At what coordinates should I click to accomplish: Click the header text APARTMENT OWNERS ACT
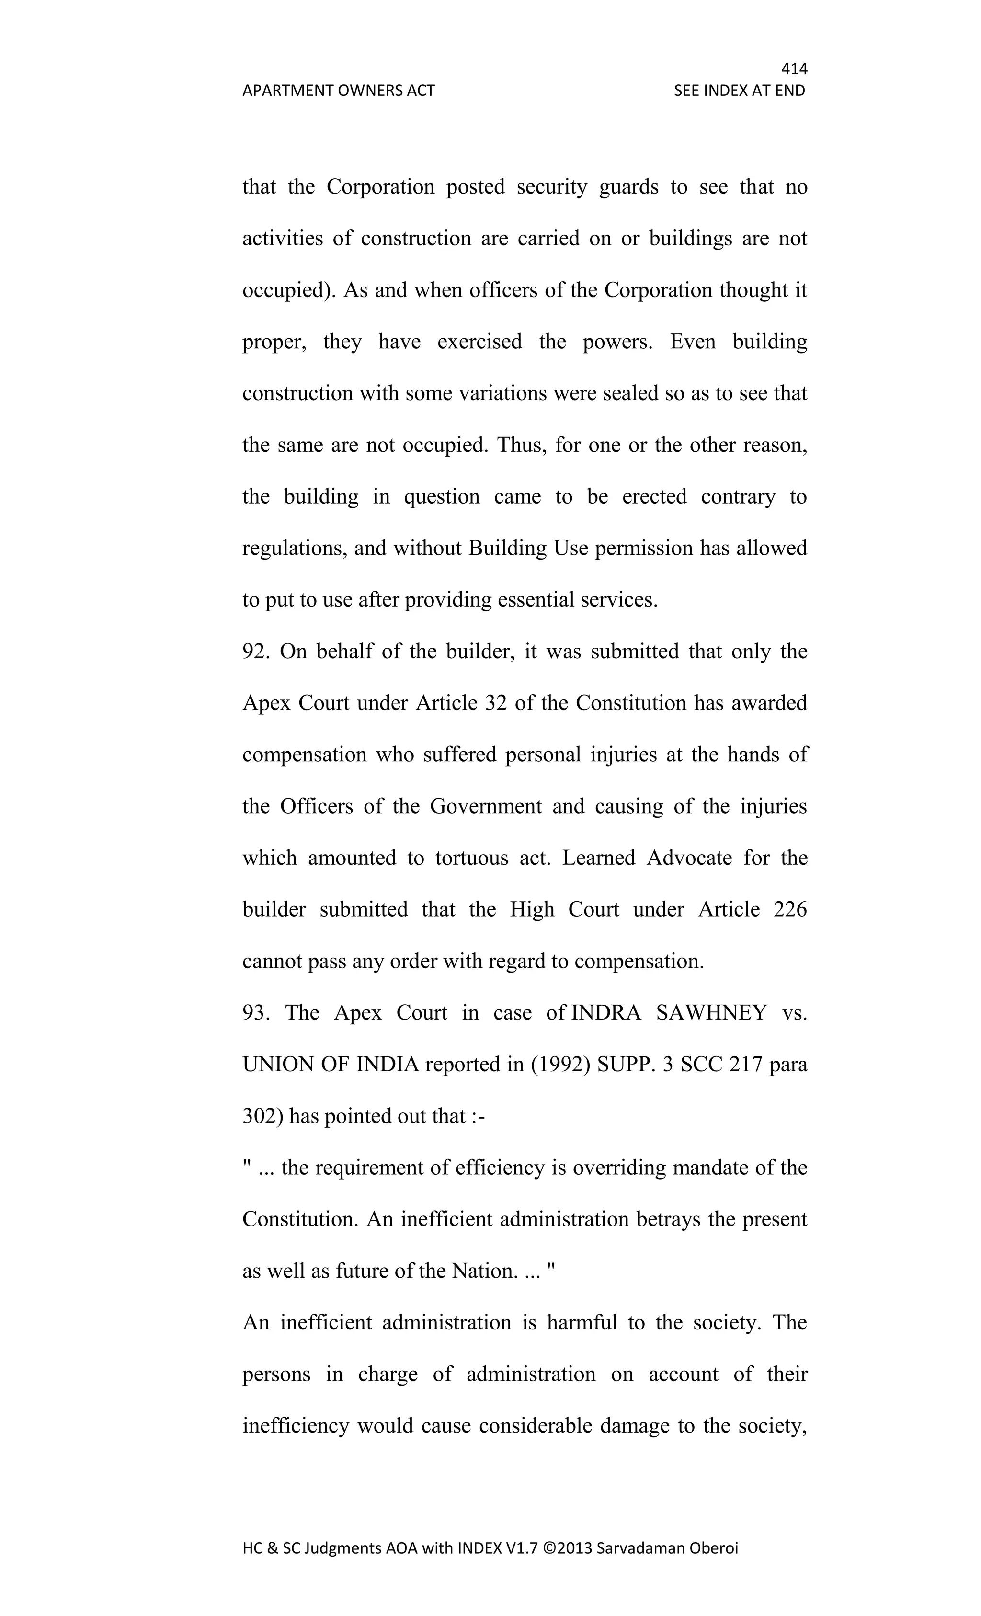pyautogui.click(x=338, y=91)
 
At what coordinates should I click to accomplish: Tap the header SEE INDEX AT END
pyautogui.click(x=739, y=91)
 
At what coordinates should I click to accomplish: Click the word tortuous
pyautogui.click(x=471, y=859)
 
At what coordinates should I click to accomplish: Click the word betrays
pyautogui.click(x=668, y=1219)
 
